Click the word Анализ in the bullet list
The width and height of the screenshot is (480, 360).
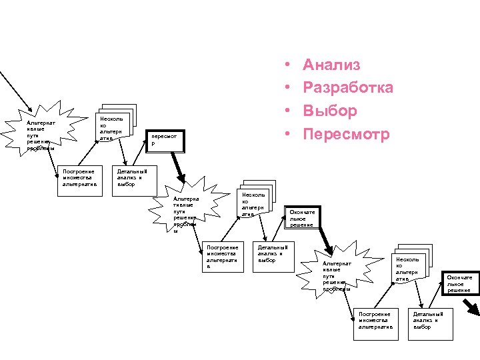click(331, 65)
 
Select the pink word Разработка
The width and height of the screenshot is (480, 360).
click(347, 87)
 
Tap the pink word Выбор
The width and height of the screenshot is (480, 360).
click(329, 111)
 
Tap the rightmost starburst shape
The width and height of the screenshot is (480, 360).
click(337, 273)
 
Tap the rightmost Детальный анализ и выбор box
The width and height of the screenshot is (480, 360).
click(430, 319)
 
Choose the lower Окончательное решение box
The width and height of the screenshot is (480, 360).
click(459, 283)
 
